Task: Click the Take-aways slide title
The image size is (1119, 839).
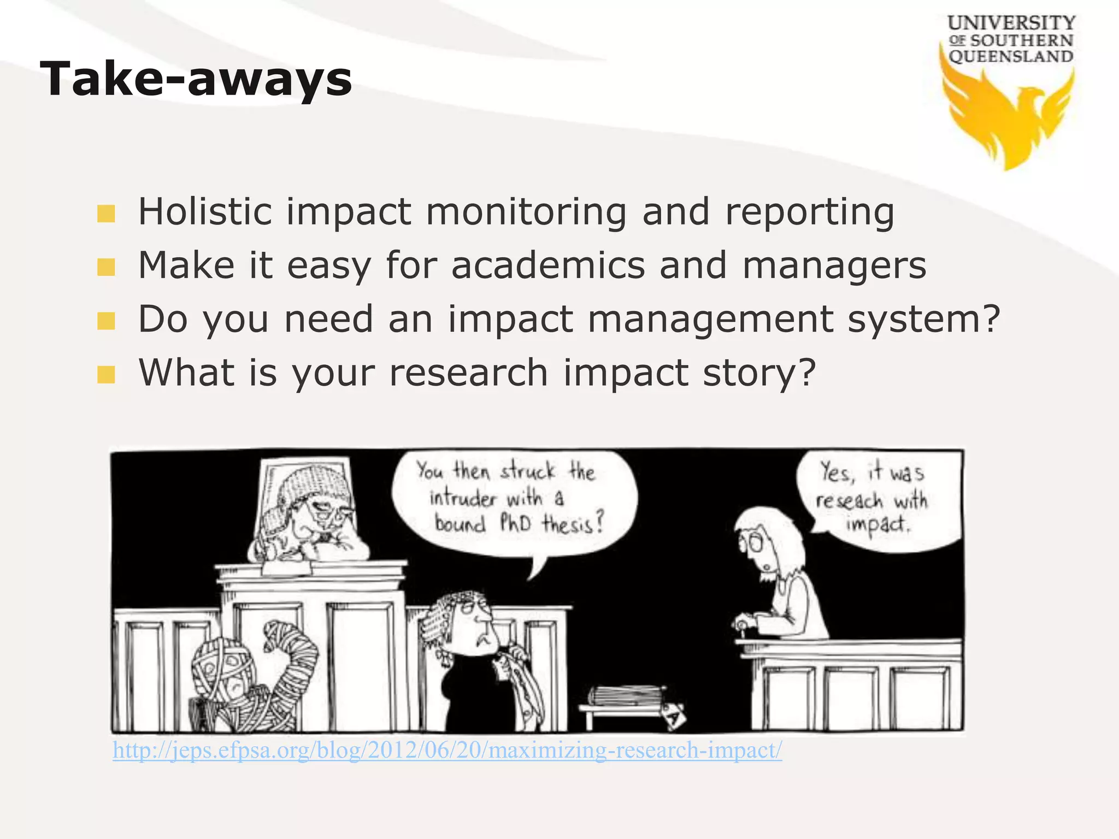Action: coord(196,80)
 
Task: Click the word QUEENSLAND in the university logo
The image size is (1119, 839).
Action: coord(1011,57)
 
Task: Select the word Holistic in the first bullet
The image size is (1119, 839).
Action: coord(204,212)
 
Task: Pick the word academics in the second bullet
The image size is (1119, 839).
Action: coord(548,265)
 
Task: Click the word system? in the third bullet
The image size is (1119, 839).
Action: coord(923,319)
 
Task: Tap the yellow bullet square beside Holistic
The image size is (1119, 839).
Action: coord(106,214)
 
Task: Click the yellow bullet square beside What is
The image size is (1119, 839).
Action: coord(106,375)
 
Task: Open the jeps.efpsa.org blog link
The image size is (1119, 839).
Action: coord(447,750)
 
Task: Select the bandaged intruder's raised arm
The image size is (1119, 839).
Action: coord(290,650)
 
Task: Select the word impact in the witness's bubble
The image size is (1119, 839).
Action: coord(878,525)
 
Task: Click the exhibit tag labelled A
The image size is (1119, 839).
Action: coord(673,715)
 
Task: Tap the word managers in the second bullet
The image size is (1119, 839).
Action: coord(834,265)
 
